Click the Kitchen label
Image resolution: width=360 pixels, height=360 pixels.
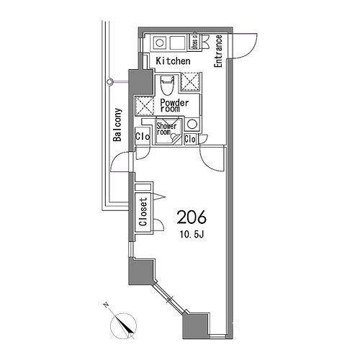(x=173, y=61)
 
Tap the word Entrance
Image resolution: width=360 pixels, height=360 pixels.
(x=218, y=51)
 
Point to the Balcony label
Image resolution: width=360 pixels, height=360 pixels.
(x=117, y=125)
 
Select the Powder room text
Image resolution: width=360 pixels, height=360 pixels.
(x=174, y=105)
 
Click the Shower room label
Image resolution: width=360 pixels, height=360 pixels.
(x=166, y=129)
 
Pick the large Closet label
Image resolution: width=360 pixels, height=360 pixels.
(x=143, y=212)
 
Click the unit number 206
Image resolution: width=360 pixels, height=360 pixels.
(x=192, y=217)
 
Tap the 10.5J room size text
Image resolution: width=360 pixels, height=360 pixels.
(x=192, y=235)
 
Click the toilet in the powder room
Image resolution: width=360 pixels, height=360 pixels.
(x=167, y=85)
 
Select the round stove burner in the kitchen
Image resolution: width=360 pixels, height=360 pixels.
(x=159, y=43)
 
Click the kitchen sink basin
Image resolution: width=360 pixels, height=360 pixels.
(x=177, y=43)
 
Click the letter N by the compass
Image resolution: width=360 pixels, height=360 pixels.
(x=106, y=305)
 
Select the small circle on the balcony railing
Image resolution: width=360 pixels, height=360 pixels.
(x=110, y=82)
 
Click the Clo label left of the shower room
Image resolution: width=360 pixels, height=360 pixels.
(x=143, y=137)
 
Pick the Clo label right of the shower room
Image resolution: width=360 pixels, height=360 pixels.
(x=190, y=140)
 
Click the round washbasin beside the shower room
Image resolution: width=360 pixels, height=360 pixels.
(x=192, y=125)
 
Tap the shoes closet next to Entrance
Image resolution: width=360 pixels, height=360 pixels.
(x=195, y=42)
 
